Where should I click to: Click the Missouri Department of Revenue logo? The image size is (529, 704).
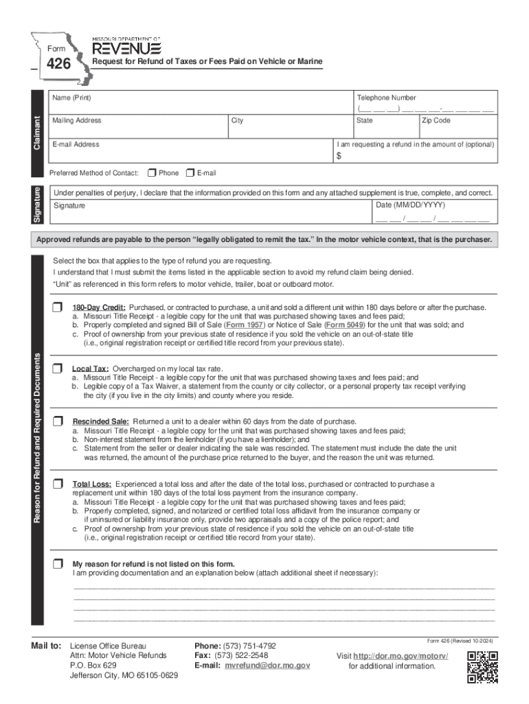click(x=126, y=46)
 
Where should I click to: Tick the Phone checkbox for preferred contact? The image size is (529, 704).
click(x=152, y=173)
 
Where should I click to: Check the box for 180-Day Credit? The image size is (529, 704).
click(x=58, y=307)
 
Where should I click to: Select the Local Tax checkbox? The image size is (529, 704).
click(x=58, y=368)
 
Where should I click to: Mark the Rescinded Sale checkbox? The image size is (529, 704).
click(x=58, y=421)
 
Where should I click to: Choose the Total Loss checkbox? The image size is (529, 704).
click(x=58, y=484)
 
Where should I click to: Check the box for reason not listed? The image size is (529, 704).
click(x=58, y=564)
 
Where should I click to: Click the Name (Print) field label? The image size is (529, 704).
click(x=72, y=98)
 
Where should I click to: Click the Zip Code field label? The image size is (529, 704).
click(x=436, y=120)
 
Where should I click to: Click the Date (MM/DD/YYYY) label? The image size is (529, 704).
click(x=410, y=205)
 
